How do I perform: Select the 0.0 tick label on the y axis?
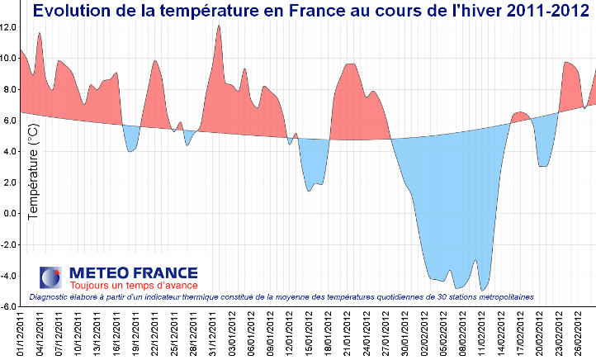(x=11, y=213)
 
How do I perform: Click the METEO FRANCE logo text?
(x=133, y=272)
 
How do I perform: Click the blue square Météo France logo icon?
(x=50, y=277)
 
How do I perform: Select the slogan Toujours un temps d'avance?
(x=133, y=286)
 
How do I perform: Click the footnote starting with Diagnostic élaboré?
(x=281, y=296)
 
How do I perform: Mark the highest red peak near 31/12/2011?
(x=219, y=26)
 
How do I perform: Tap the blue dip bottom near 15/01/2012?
(x=309, y=191)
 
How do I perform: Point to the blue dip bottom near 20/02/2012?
(x=542, y=166)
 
